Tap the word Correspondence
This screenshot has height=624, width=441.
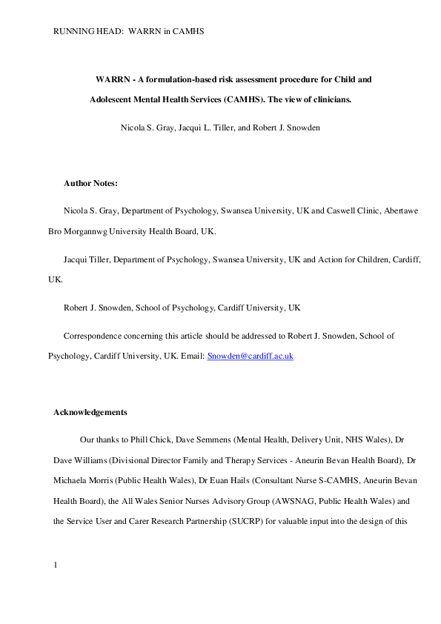point(93,336)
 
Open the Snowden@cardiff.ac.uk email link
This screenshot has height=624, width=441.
point(251,356)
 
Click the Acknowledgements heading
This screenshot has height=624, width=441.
point(90,412)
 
